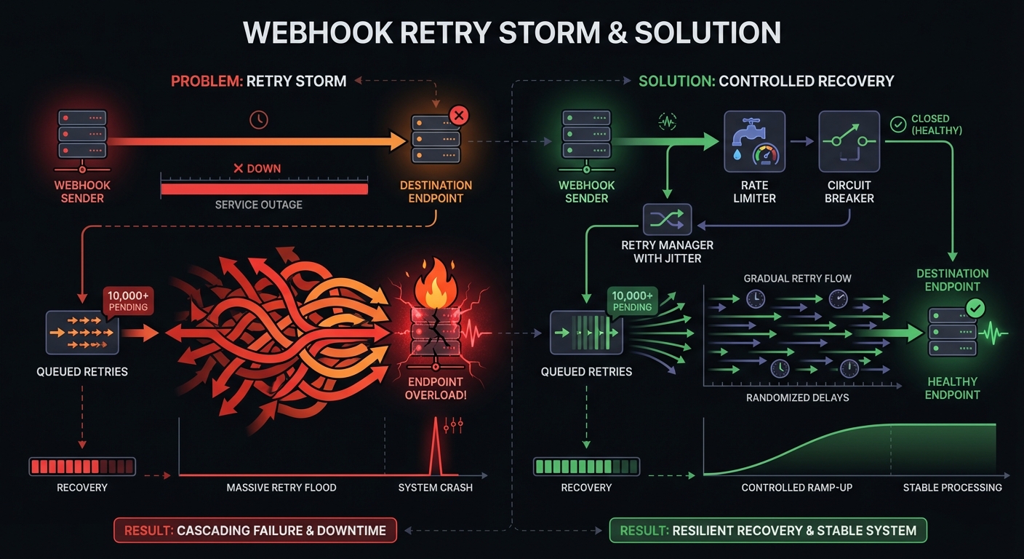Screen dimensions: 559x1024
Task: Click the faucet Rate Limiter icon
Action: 754,140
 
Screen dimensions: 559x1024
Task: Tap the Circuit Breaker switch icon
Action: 849,140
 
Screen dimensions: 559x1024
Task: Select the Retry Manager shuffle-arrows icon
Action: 667,219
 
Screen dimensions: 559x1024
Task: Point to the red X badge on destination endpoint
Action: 459,115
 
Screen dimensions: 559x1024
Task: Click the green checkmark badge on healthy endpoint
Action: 975,309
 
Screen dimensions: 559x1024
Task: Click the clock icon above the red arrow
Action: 259,119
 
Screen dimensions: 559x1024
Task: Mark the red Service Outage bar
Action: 264,189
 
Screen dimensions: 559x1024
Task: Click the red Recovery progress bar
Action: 81,466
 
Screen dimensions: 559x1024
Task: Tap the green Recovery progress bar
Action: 586,466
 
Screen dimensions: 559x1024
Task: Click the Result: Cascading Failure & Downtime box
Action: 255,530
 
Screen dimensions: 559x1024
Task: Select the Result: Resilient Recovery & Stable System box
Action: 768,530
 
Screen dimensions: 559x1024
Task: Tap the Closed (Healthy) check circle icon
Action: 897,124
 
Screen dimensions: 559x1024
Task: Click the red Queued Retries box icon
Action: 81,333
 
